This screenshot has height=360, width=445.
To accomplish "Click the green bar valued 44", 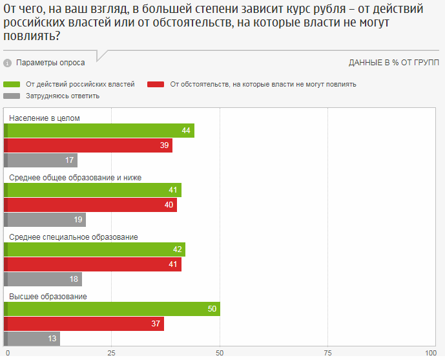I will coord(99,131).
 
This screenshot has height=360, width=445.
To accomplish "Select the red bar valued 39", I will coord(88,145).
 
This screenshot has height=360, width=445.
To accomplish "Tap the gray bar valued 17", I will coord(41,160).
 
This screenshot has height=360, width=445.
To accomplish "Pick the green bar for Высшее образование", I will coord(112,309).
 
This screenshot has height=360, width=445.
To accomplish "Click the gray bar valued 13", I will coord(32,338).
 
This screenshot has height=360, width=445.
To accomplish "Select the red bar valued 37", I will coord(84,324).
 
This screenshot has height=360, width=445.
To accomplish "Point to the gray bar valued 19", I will coord(45,220).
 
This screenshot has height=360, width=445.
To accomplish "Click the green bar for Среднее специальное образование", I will coord(95,249).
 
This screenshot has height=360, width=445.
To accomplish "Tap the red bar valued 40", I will coord(90,205).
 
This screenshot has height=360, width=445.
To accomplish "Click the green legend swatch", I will coord(12,84).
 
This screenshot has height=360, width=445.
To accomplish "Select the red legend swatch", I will coord(156,84).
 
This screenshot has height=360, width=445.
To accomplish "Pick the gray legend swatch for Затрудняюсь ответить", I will coord(12,96).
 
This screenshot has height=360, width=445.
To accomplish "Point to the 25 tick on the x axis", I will coord(112,353).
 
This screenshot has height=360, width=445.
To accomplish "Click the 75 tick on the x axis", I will coord(328,353).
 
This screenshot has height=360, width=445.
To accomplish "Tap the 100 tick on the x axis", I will coord(431,353).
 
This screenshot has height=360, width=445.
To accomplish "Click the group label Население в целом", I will coord(45,118).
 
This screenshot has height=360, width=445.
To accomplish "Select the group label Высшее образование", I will coord(48,297).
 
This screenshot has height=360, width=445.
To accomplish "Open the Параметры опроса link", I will coord(50,63).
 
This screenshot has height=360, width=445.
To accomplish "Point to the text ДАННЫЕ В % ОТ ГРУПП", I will coord(393,63).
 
